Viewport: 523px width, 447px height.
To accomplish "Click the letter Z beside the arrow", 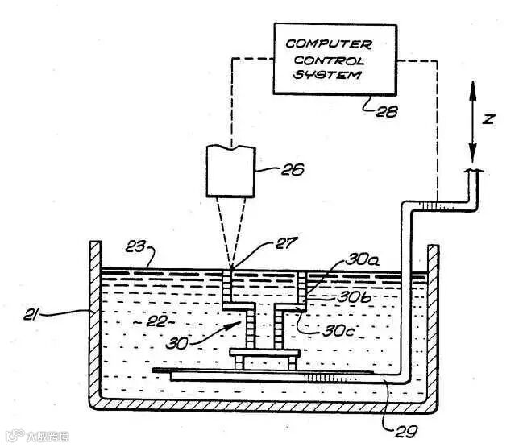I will [x=488, y=119].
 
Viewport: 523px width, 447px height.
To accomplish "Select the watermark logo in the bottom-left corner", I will [x=11, y=438].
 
